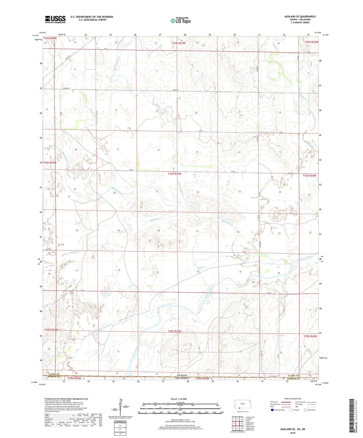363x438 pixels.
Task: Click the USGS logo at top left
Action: coord(55,19)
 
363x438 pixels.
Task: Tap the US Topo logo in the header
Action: coord(180,20)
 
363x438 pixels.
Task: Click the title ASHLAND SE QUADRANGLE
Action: coord(300,17)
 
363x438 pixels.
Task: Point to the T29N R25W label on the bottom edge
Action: coord(74,378)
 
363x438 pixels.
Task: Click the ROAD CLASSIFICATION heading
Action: coord(293,399)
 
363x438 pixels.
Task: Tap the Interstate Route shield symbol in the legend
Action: coord(273,410)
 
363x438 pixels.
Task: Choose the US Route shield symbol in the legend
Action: coord(290,410)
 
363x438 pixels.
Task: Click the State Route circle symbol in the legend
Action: coord(305,410)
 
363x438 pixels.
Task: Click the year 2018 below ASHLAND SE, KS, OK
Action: coord(293,433)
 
